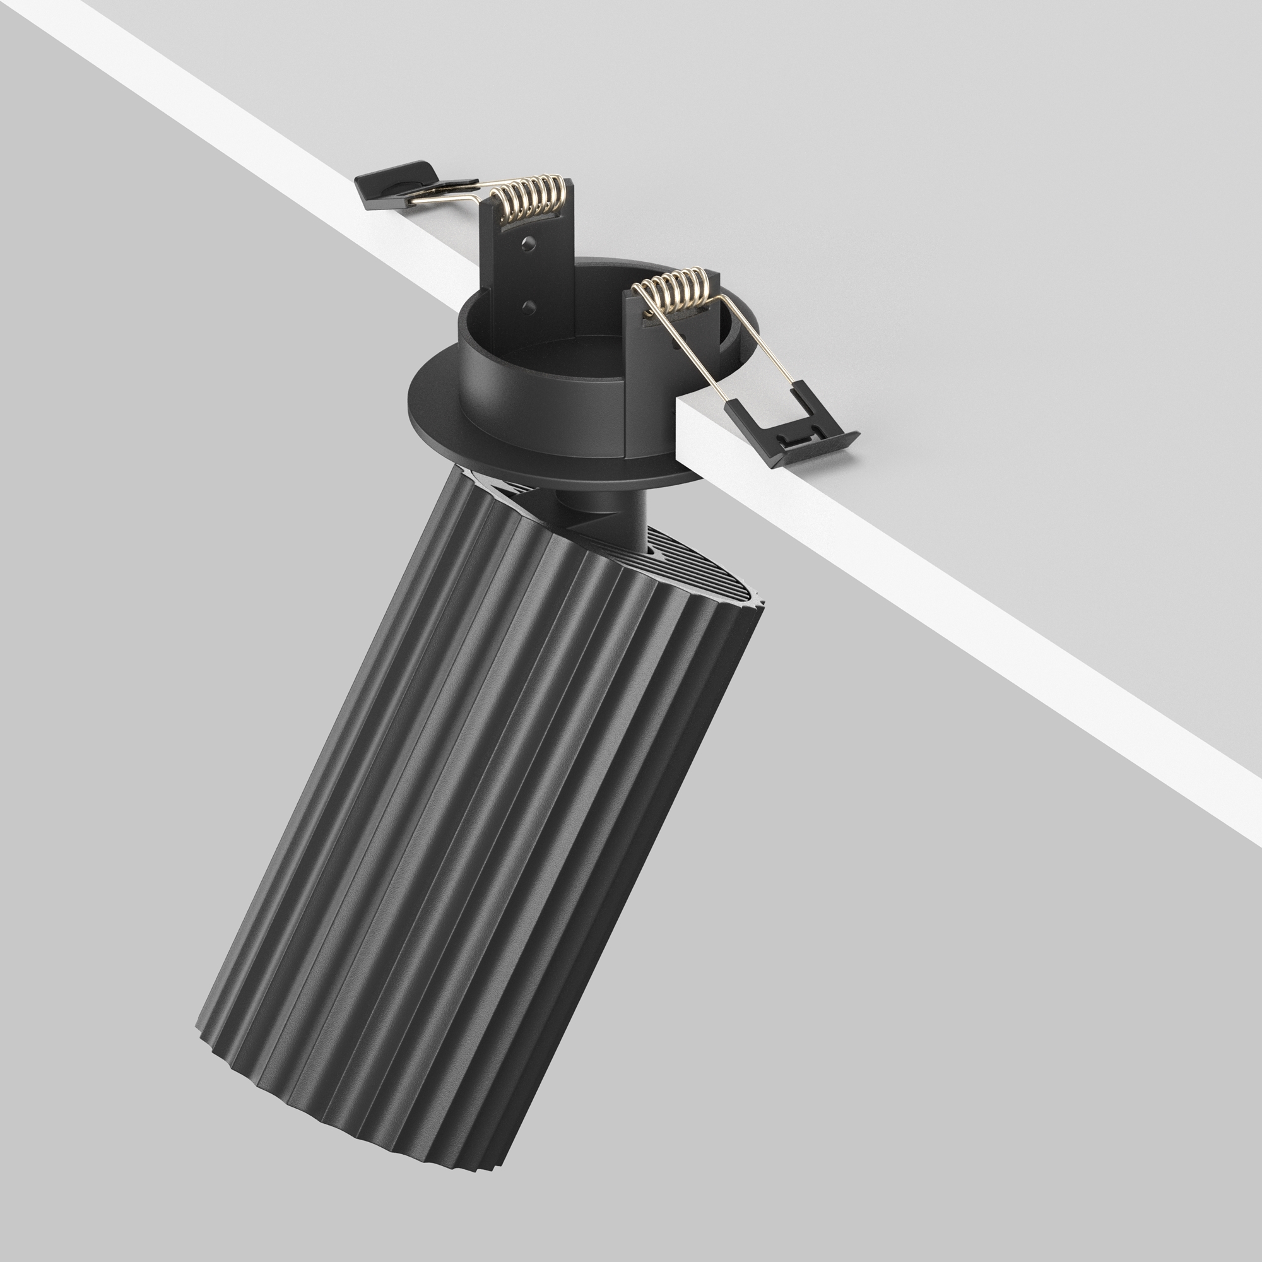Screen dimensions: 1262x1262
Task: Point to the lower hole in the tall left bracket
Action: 529,305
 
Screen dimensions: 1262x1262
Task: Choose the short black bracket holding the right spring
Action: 644,366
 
